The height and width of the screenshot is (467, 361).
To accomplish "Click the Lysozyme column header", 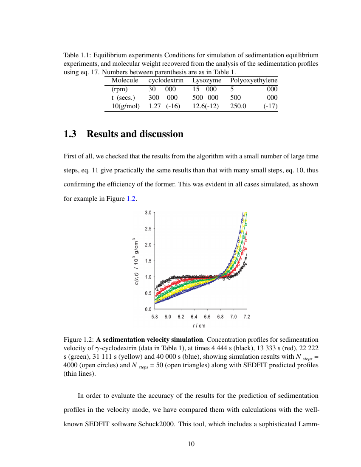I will click(x=206, y=80).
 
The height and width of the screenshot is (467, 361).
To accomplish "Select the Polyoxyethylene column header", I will click(x=254, y=80).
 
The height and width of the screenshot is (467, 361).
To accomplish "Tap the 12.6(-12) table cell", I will click(x=205, y=106).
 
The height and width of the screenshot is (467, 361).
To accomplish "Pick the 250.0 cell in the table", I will click(x=238, y=106).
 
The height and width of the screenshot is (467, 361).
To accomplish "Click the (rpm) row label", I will click(x=119, y=89).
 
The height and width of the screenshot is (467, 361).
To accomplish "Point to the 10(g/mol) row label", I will click(x=125, y=106).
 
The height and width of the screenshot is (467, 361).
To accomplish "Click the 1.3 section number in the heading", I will click(x=70, y=134).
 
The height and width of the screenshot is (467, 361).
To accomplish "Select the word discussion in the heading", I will click(x=162, y=134).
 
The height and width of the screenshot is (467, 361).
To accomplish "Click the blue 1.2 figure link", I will click(x=131, y=199).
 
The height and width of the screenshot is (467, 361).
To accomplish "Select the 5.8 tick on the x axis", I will click(x=155, y=317).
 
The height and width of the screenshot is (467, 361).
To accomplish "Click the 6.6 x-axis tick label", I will click(x=207, y=317).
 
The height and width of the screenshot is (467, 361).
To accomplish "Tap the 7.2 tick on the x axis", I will click(x=247, y=317).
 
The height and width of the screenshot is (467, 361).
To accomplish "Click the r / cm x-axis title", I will click(x=199, y=326).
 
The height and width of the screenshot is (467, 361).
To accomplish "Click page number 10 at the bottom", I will click(x=191, y=444).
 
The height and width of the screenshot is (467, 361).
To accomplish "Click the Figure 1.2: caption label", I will click(x=79, y=340).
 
